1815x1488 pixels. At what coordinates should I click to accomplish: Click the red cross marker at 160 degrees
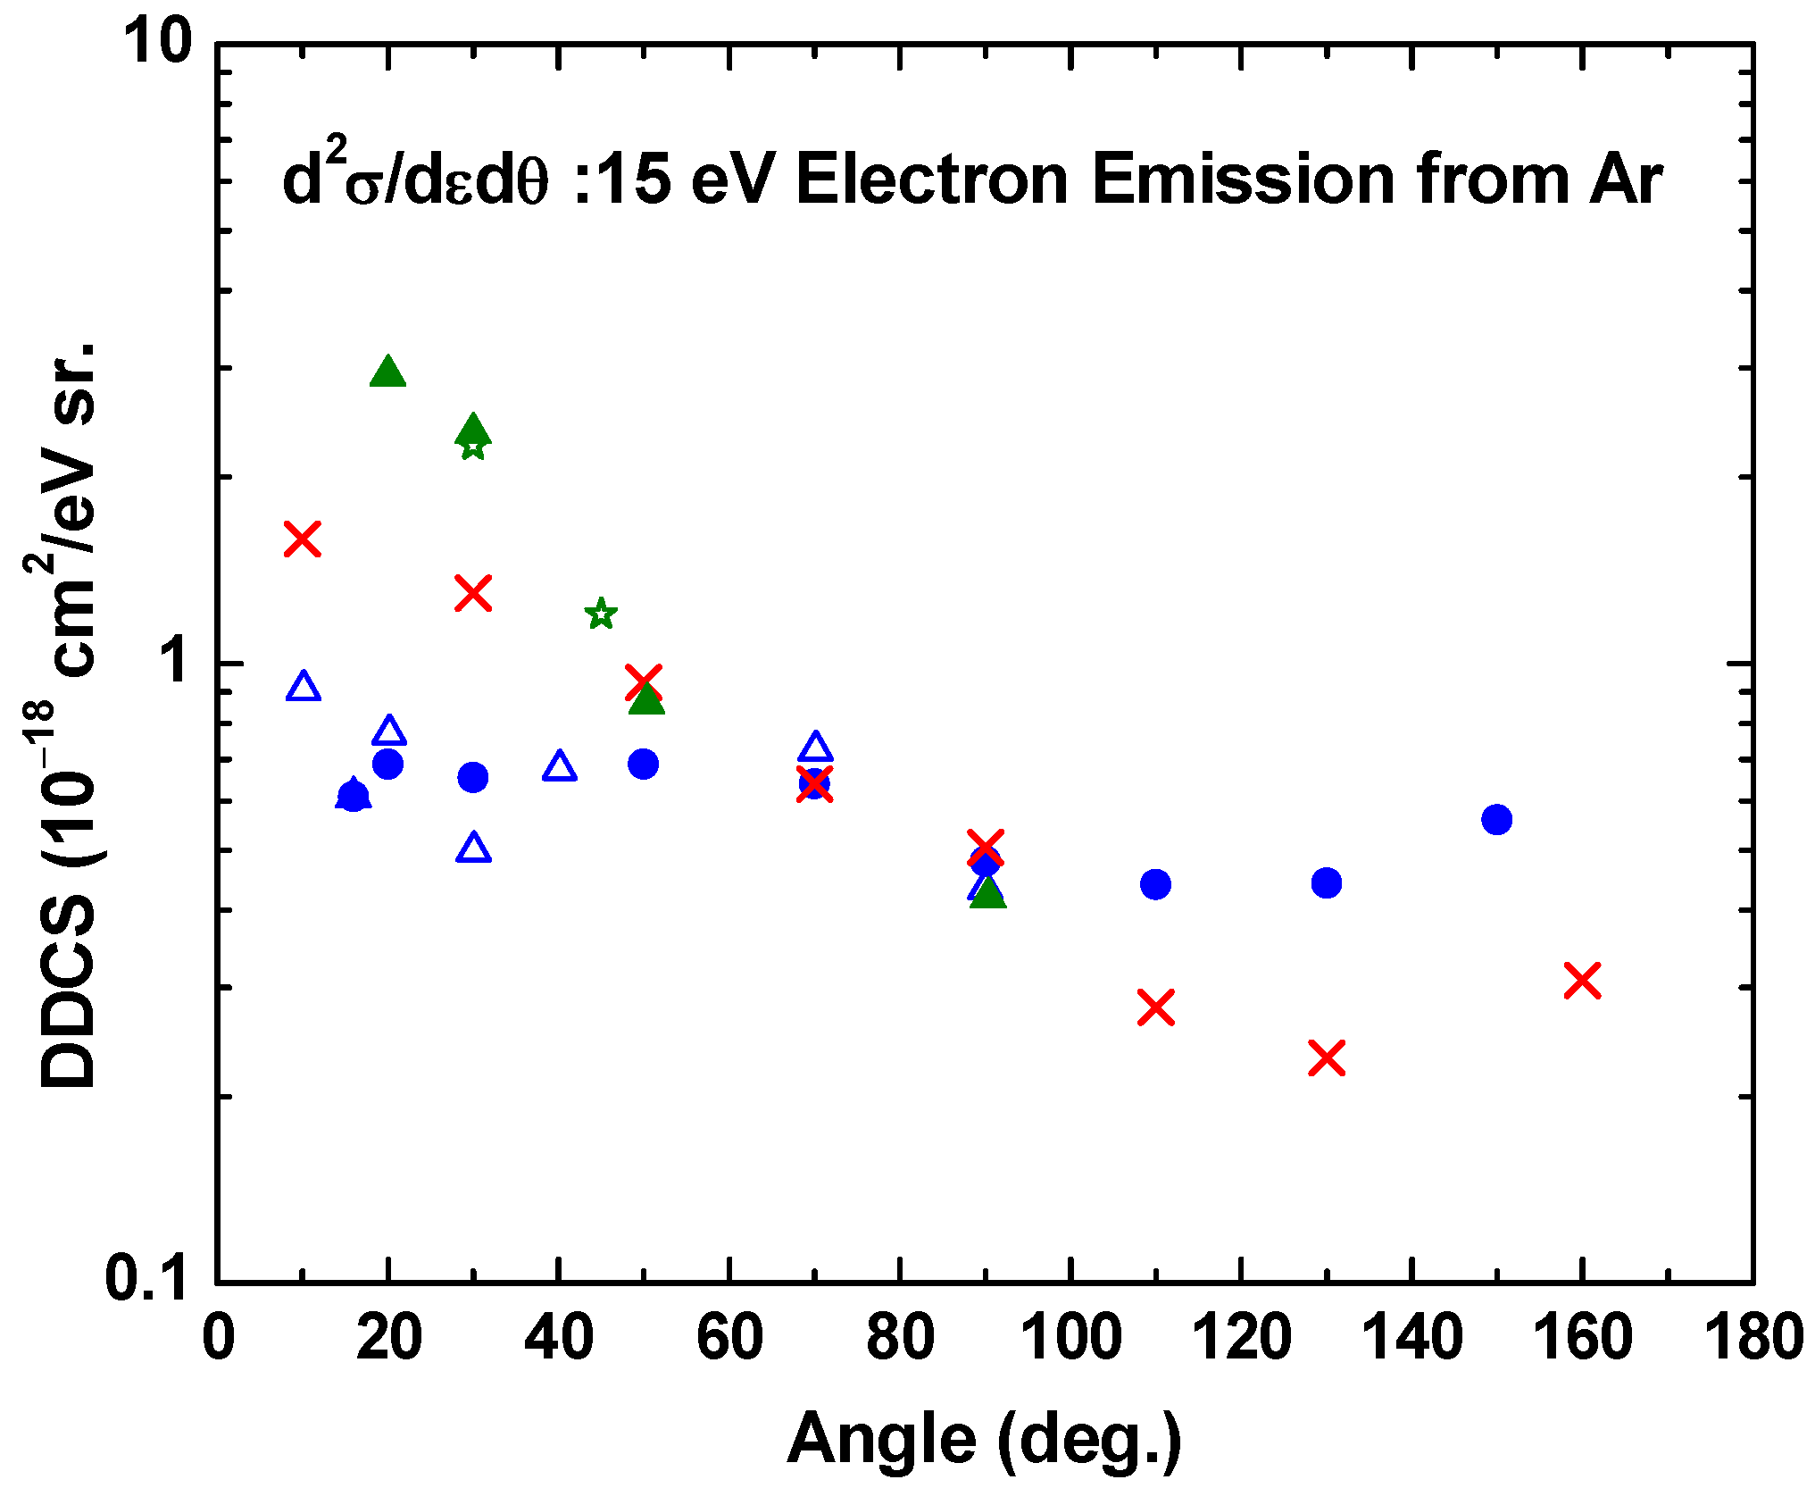click(1582, 980)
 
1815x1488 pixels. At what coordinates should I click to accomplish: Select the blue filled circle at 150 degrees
click(1497, 819)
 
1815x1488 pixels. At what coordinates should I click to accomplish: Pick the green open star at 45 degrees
click(601, 614)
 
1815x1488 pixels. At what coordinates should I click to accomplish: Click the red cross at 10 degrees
click(303, 539)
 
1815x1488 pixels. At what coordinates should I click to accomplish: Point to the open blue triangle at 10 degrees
click(304, 687)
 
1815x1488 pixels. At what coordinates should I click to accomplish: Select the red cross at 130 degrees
click(1327, 1057)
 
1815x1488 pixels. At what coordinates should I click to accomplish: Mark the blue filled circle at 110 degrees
click(1155, 884)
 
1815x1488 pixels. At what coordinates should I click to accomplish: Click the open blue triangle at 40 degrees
click(559, 766)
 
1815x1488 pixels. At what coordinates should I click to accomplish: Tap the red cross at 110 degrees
click(1155, 1007)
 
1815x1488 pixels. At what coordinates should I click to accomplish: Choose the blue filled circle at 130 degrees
click(1327, 882)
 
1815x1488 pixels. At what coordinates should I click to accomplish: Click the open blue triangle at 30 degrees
click(473, 848)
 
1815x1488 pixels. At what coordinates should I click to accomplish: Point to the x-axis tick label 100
click(1070, 1338)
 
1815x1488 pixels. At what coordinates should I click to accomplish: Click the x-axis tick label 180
click(1753, 1338)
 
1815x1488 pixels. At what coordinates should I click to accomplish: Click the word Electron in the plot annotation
click(932, 180)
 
